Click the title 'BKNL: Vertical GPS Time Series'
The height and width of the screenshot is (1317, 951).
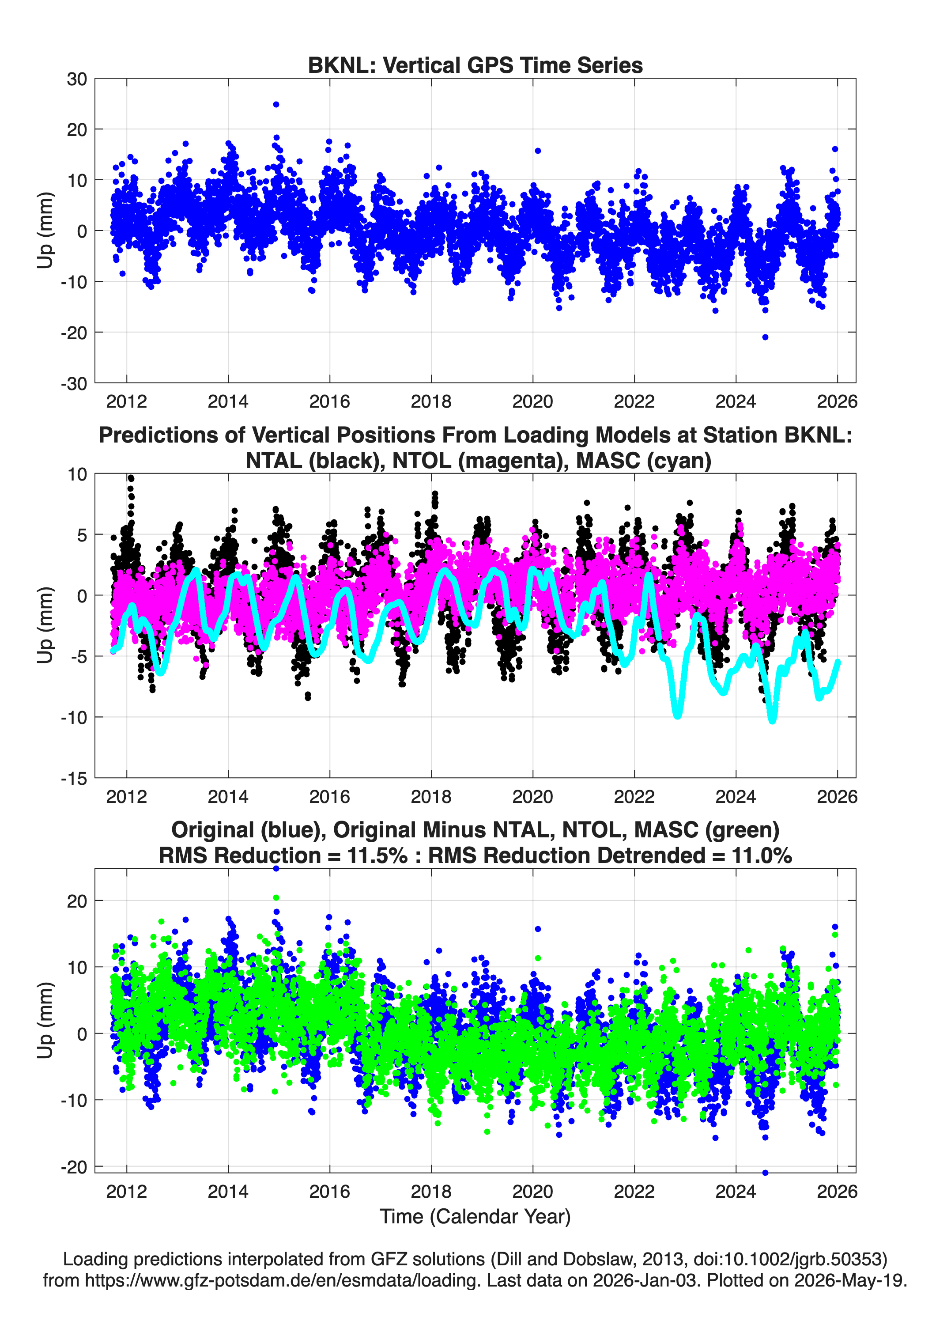point(475,65)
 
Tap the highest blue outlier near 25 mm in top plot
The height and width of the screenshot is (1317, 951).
point(276,105)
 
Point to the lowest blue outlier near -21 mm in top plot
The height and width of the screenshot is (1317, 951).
point(765,337)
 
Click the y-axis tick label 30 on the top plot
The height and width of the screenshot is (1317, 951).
point(77,79)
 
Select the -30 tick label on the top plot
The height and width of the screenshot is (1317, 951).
point(74,383)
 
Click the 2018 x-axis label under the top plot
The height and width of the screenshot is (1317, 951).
point(431,401)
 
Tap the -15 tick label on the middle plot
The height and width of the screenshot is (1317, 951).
point(74,779)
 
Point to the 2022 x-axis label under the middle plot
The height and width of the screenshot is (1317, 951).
point(634,797)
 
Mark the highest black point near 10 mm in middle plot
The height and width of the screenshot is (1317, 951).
point(131,478)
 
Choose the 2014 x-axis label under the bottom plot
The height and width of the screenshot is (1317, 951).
point(228,1192)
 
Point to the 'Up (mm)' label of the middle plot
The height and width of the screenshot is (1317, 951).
point(45,625)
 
